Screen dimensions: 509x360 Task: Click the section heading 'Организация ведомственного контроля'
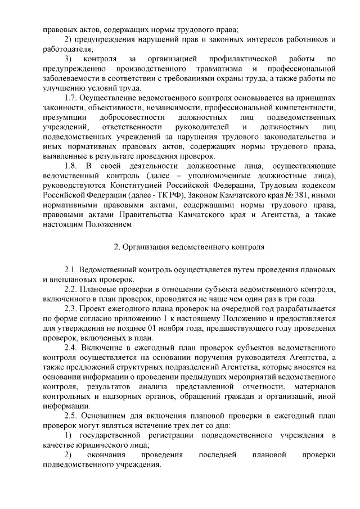[186, 246]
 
